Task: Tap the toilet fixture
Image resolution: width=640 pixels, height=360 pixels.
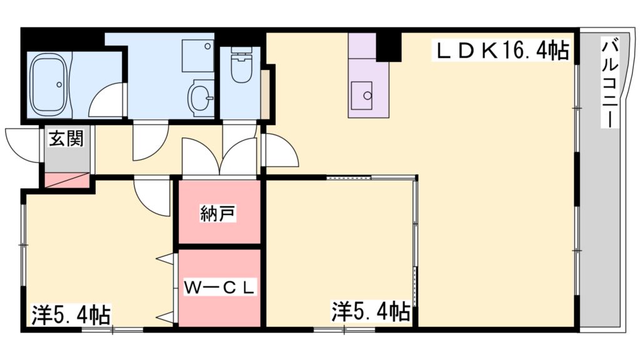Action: click(239, 69)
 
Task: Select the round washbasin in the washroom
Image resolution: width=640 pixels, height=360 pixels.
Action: click(201, 97)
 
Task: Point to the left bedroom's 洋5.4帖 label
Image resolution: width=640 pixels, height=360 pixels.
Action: click(71, 312)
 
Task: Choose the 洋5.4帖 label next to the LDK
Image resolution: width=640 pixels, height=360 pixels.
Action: click(371, 311)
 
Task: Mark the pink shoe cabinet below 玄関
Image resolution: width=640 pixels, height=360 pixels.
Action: click(66, 180)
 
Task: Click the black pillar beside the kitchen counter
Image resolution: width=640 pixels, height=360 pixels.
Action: click(388, 46)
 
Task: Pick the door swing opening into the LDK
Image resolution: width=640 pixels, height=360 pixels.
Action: click(280, 150)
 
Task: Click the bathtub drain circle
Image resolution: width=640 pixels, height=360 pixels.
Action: click(59, 84)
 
